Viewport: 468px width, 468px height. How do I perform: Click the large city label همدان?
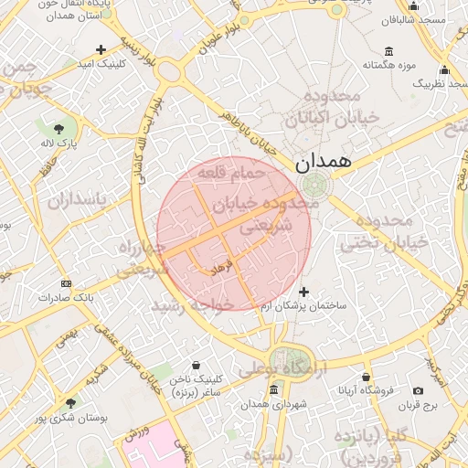click(x=323, y=162)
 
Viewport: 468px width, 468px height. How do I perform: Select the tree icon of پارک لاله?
click(x=59, y=128)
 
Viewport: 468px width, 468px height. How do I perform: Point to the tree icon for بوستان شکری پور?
click(x=70, y=403)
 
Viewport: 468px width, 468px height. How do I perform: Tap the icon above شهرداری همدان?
click(x=274, y=390)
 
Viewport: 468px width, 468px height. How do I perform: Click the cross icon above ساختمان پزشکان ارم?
click(x=304, y=292)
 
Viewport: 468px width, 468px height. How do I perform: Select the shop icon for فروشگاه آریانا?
click(x=366, y=377)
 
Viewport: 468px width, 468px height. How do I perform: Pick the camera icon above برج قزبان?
click(x=419, y=390)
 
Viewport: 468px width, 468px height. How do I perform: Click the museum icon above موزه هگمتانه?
click(x=389, y=50)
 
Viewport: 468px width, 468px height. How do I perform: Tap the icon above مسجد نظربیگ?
click(x=444, y=69)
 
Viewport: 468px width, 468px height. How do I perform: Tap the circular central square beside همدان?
click(x=318, y=186)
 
